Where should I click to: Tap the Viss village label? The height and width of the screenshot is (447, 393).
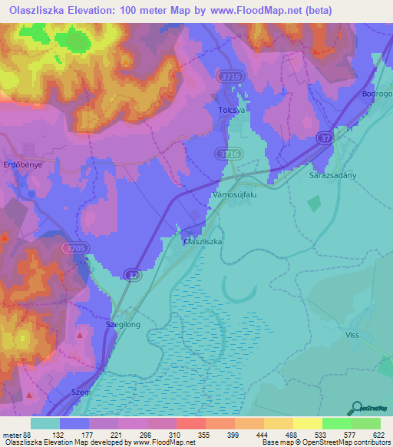[352, 335]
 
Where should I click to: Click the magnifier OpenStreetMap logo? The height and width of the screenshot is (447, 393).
[356, 409]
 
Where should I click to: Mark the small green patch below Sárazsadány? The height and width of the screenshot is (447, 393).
[313, 203]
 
